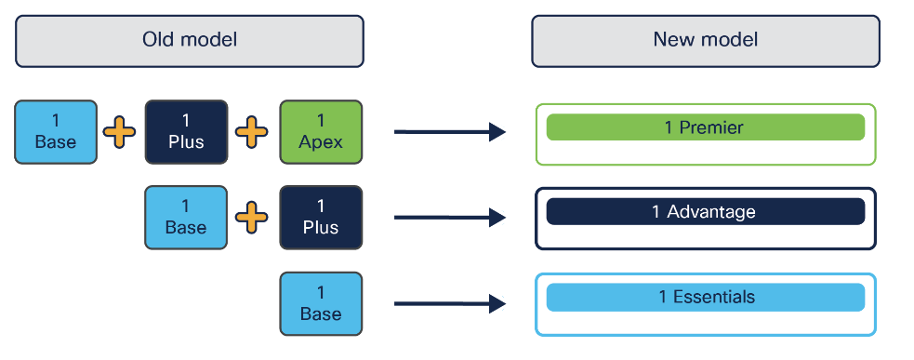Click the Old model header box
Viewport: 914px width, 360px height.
[189, 40]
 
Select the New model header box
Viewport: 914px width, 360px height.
[705, 40]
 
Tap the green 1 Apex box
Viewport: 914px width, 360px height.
[321, 132]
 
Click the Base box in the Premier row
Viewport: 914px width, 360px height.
[56, 132]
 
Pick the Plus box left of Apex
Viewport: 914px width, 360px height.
[186, 132]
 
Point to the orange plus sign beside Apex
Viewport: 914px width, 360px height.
[252, 132]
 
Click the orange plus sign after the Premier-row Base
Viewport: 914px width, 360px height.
[119, 132]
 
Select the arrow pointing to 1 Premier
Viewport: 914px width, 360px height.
[449, 132]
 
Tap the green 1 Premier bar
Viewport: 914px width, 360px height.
[705, 127]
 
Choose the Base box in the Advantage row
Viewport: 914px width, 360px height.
[186, 218]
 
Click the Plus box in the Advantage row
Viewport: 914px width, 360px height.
[321, 218]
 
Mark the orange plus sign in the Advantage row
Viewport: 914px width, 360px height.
[252, 218]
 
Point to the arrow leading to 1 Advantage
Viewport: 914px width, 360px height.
[449, 218]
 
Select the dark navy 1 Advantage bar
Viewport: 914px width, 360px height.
[705, 212]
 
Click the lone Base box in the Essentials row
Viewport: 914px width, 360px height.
[321, 303]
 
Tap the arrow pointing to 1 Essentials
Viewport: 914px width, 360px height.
[449, 303]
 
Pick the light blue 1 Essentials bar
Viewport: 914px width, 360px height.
[705, 298]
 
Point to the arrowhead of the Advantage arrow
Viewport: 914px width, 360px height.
[497, 218]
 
